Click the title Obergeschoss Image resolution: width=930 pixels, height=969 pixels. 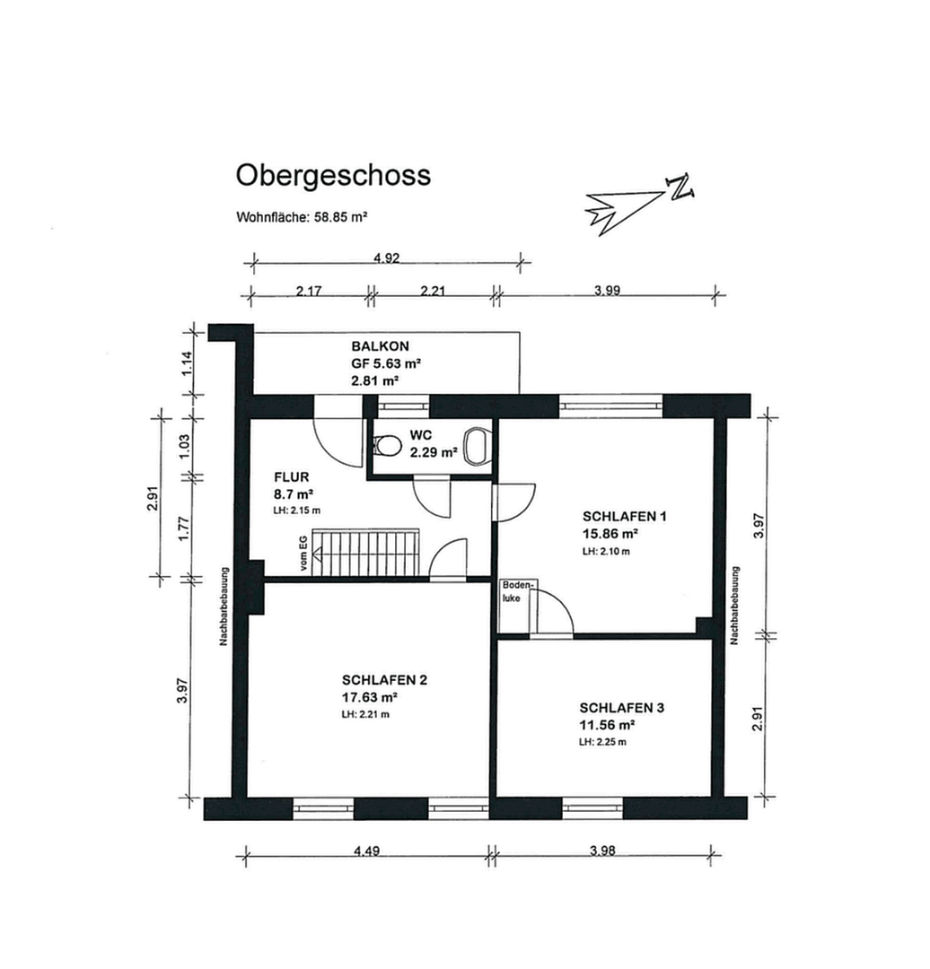[x=333, y=175]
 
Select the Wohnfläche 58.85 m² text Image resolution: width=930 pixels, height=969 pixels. [x=303, y=217]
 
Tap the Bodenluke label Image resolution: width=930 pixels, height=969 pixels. [x=518, y=590]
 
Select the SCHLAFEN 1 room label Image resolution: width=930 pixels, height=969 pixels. [x=625, y=517]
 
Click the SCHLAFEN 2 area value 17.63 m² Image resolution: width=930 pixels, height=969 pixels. [x=369, y=696]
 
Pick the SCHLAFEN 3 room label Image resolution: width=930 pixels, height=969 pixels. [x=621, y=708]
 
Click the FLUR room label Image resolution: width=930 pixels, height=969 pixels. [x=292, y=478]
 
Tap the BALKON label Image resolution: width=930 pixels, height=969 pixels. [x=380, y=346]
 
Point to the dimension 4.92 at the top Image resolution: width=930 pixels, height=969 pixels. [x=386, y=258]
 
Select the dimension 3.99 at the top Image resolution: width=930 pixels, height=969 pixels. [x=608, y=290]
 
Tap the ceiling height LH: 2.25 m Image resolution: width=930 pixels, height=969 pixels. [x=603, y=742]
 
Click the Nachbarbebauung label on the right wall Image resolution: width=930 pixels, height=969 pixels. [x=733, y=606]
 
